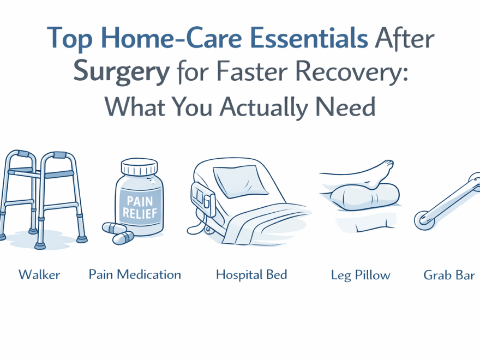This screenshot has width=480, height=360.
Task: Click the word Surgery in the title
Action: (x=121, y=73)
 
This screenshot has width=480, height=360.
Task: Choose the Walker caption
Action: (x=39, y=274)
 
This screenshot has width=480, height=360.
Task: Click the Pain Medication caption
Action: (x=135, y=274)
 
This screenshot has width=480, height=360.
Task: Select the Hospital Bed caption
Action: (x=251, y=274)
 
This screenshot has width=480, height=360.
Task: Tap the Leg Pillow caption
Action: (x=361, y=275)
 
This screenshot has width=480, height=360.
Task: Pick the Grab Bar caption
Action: (x=448, y=275)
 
